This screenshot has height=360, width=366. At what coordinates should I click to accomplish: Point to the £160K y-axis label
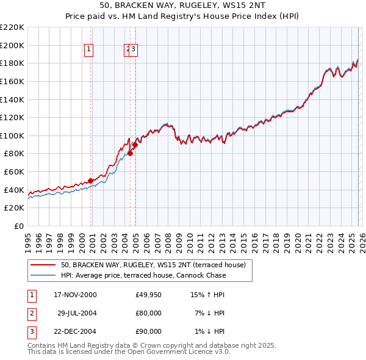point(12,81)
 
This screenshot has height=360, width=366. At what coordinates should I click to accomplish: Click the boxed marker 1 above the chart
point(89,50)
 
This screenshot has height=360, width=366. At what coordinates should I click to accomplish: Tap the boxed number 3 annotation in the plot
point(134,50)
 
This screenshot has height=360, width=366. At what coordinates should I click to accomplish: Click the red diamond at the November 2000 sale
point(91,181)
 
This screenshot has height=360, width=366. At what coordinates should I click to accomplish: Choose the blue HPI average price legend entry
point(143,275)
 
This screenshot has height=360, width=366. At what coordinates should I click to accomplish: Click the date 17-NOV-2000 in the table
point(75,295)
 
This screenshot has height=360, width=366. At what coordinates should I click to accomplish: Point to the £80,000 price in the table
point(149,313)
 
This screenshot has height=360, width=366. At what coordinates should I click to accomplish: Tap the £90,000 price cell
point(149,331)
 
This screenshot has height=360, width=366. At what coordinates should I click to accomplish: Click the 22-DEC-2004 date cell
point(75,331)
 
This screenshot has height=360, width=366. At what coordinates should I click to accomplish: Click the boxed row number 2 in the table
point(31,313)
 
